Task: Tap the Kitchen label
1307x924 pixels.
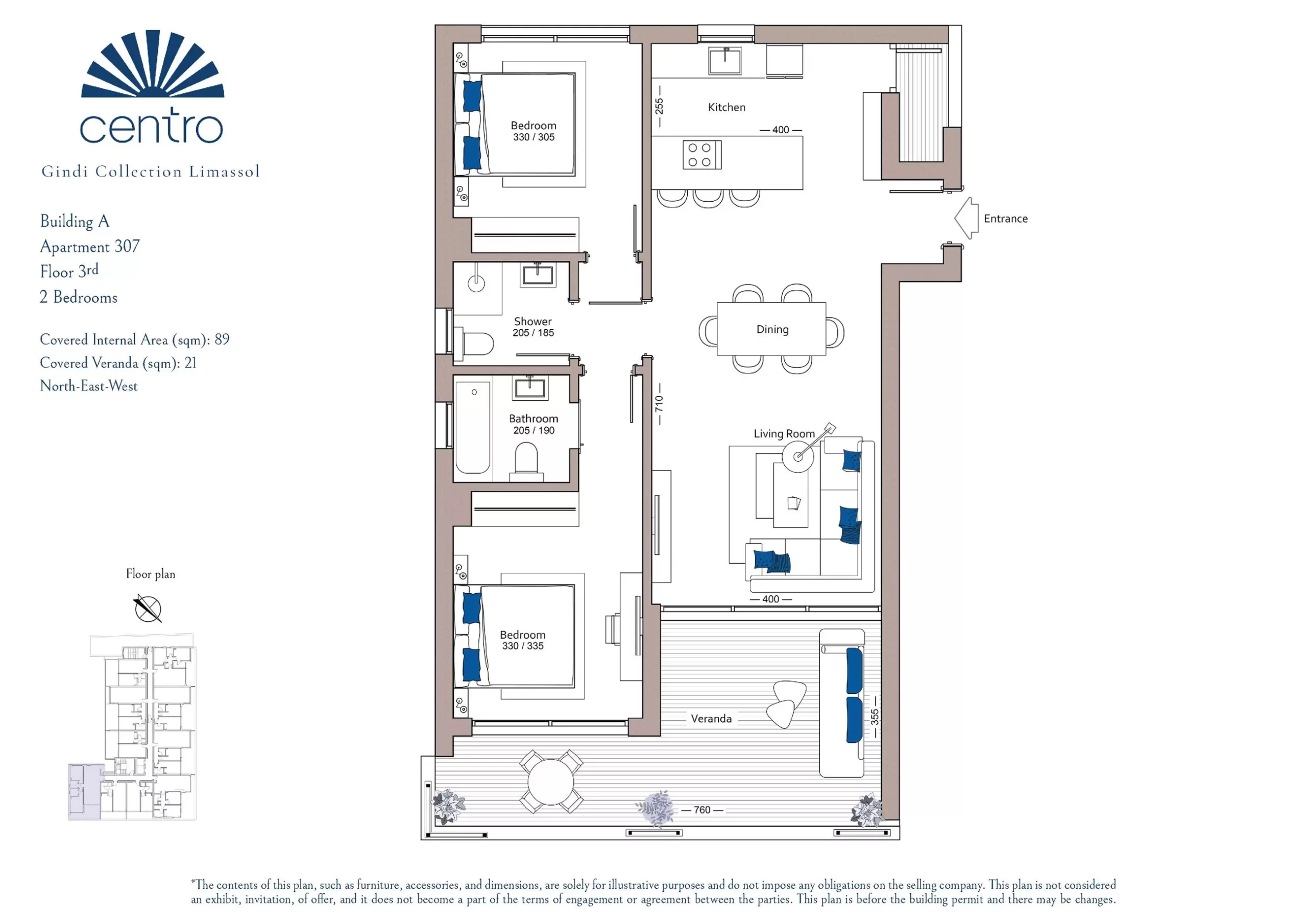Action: click(x=727, y=107)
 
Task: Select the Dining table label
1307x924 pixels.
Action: click(x=772, y=329)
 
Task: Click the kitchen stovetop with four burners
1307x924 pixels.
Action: click(x=702, y=155)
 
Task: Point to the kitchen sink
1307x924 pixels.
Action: click(x=725, y=61)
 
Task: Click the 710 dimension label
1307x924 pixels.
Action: click(x=659, y=404)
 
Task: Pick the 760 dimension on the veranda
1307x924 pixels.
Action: click(x=702, y=810)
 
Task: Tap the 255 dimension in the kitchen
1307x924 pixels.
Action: click(x=659, y=106)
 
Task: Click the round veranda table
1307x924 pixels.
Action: click(x=551, y=782)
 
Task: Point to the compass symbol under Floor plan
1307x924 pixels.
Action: click(x=148, y=609)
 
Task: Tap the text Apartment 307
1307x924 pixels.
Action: click(x=90, y=247)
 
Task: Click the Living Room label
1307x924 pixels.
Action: click(x=784, y=433)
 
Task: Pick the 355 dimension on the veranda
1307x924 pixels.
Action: click(x=875, y=717)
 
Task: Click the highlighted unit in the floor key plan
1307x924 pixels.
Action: click(x=85, y=791)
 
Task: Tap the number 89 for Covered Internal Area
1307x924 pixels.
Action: click(x=222, y=339)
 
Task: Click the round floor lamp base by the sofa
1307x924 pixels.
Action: click(x=797, y=456)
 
